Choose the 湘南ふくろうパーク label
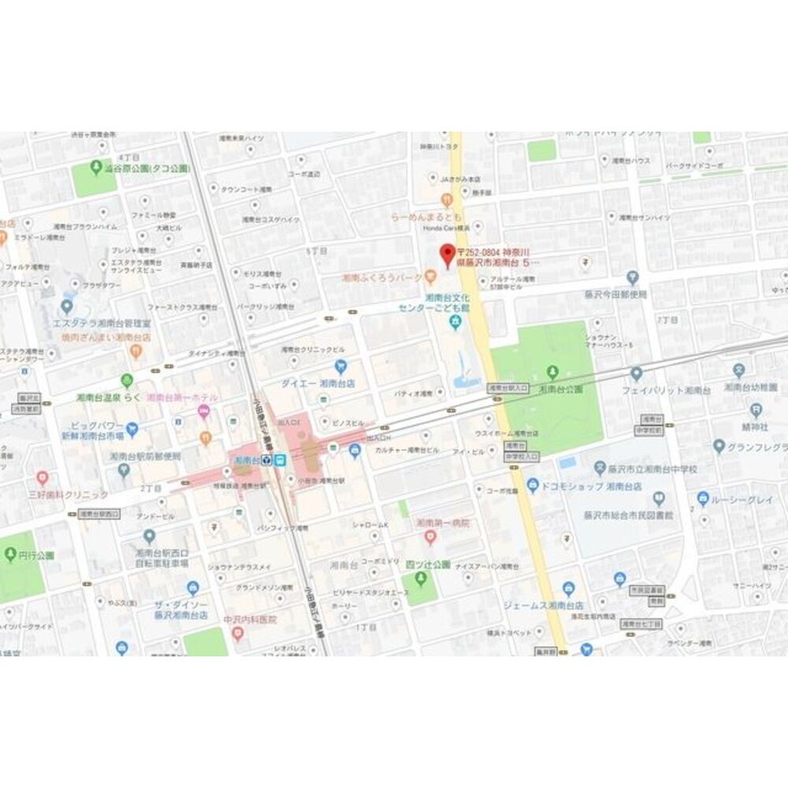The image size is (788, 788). [x=381, y=278]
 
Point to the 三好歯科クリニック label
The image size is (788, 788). [x=67, y=495]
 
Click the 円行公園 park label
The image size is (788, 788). [x=39, y=555]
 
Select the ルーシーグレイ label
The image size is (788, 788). [x=741, y=499]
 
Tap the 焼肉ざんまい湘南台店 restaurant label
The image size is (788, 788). [x=106, y=337]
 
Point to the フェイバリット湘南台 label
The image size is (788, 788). [x=660, y=390]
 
